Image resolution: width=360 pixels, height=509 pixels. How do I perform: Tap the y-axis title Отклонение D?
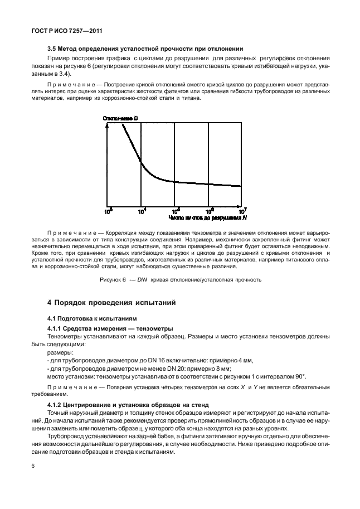pyautogui.click(x=121, y=119)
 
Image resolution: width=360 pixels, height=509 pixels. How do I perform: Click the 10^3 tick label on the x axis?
pyautogui.click(x=108, y=211)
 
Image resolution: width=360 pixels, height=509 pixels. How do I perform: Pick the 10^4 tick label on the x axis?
pyautogui.click(x=142, y=211)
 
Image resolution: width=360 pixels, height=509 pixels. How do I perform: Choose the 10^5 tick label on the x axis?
pyautogui.click(x=175, y=211)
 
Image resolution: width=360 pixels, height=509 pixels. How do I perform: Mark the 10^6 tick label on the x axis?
pyautogui.click(x=209, y=211)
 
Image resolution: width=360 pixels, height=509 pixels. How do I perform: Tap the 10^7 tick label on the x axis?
pyautogui.click(x=242, y=211)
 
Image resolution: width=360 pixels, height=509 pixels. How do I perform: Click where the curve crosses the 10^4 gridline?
pyautogui.click(x=141, y=163)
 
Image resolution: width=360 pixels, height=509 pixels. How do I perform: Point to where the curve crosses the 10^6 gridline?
pyautogui.click(x=208, y=184)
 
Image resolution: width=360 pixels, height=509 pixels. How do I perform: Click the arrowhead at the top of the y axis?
pyautogui.click(x=107, y=125)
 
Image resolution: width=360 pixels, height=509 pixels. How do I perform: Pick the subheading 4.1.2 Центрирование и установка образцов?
pyautogui.click(x=128, y=404)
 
